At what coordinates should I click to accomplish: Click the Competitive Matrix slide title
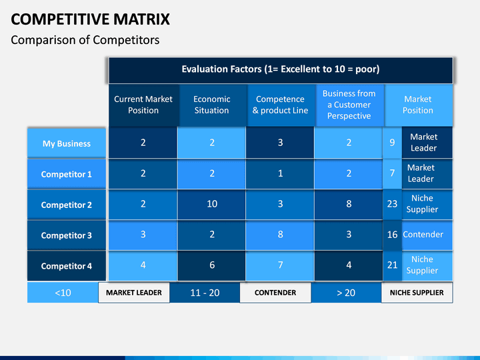(x=90, y=19)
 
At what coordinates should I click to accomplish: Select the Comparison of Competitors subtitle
(x=85, y=40)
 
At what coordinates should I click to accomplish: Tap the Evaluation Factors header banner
(x=281, y=70)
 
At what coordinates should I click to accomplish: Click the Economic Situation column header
(x=212, y=105)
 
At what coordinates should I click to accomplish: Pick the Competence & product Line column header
(x=281, y=105)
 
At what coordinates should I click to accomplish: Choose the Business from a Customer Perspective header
(x=349, y=105)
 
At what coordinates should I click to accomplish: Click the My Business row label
(x=67, y=143)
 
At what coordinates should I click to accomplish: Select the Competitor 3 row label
(x=67, y=235)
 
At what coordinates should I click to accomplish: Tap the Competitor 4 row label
(x=67, y=266)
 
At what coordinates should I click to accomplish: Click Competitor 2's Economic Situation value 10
(x=212, y=204)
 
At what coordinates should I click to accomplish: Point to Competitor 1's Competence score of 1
(x=280, y=173)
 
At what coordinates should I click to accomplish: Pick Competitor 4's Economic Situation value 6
(x=212, y=265)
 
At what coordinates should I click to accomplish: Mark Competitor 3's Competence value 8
(x=280, y=235)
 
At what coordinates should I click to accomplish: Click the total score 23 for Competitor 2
(x=392, y=204)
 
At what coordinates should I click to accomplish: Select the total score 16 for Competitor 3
(x=392, y=235)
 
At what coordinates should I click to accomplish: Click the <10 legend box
(x=63, y=293)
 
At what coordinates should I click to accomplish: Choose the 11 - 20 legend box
(x=205, y=293)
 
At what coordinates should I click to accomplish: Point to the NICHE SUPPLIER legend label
(x=417, y=293)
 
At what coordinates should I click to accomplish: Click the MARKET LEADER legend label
(x=134, y=293)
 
